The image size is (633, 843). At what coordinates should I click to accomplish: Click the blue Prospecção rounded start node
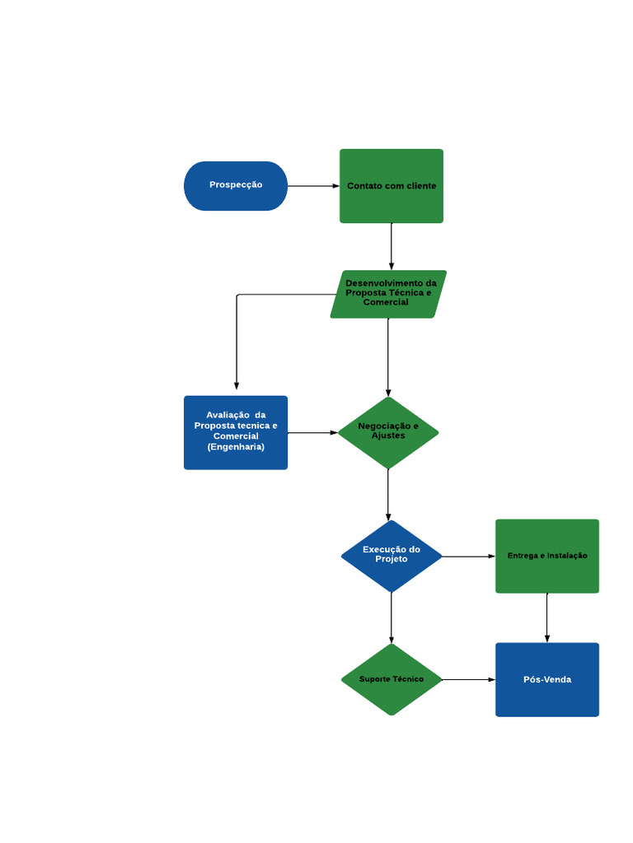click(x=236, y=185)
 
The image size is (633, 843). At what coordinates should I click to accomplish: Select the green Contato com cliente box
click(x=392, y=186)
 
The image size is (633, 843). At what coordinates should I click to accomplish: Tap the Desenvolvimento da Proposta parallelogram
click(x=388, y=294)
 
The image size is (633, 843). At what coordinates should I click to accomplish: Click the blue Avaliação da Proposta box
click(x=236, y=432)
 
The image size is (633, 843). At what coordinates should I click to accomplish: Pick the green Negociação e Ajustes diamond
click(x=388, y=432)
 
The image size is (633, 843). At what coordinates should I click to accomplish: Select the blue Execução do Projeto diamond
click(x=392, y=556)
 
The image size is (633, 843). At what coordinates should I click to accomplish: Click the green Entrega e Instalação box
click(x=547, y=556)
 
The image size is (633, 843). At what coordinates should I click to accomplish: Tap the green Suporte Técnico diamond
click(x=392, y=679)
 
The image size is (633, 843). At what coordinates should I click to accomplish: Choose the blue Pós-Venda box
click(x=547, y=679)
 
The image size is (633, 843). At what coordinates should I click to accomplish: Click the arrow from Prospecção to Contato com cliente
click(x=313, y=186)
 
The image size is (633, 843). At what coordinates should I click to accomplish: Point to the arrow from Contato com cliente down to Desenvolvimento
click(x=392, y=246)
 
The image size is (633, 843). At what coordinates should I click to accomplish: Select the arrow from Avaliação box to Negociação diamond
click(x=312, y=432)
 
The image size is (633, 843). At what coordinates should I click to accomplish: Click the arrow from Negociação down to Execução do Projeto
click(x=388, y=494)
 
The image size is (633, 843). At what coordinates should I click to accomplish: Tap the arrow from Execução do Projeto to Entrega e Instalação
click(x=468, y=557)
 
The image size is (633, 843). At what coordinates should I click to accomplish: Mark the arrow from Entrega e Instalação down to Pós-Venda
click(x=547, y=617)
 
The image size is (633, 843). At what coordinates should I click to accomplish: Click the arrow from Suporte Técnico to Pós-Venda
click(x=468, y=679)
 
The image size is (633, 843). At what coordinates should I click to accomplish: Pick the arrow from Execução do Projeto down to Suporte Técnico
click(x=392, y=617)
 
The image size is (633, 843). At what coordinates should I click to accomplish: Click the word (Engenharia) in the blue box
click(x=236, y=447)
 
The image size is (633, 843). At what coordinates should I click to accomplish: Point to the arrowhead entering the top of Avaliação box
click(x=237, y=385)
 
